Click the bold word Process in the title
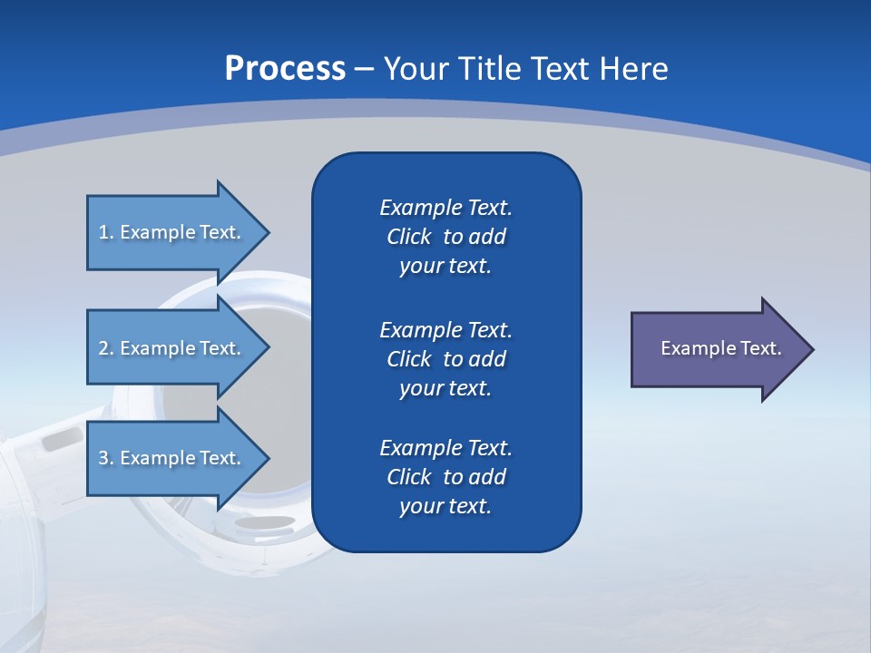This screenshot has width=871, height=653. point(285,69)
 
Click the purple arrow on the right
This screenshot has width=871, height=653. point(717,349)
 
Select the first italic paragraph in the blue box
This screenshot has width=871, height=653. point(445,237)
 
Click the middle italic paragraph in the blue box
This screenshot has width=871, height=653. point(445,358)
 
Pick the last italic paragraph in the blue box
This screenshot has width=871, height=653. point(445,477)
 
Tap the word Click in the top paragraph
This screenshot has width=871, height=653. point(408,237)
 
